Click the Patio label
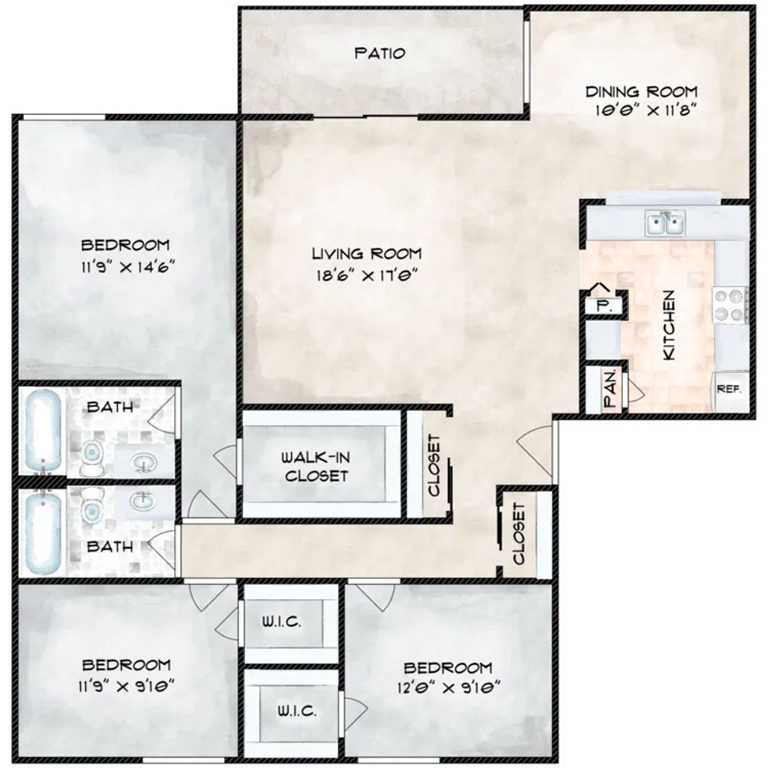click(x=380, y=53)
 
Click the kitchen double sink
click(x=665, y=223)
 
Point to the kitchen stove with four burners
click(x=730, y=306)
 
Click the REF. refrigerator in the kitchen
click(x=730, y=389)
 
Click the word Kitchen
click(x=669, y=324)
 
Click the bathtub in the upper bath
click(x=43, y=427)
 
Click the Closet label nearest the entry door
click(x=518, y=534)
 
